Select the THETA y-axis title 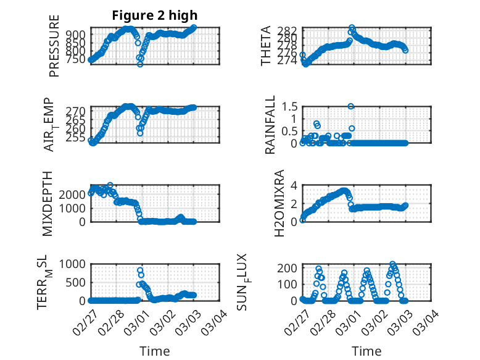(266, 46)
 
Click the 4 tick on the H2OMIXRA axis (294, 185)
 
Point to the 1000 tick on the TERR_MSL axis (74, 264)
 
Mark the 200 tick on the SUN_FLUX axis (290, 268)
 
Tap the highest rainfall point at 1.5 (351, 106)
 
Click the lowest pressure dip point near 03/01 (140, 64)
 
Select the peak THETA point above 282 (352, 28)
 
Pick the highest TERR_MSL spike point (140, 270)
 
